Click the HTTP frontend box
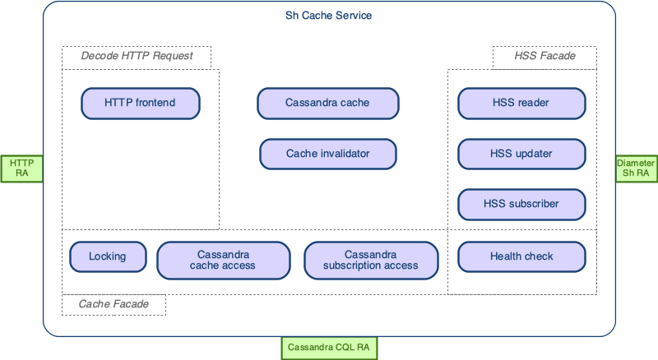(140, 103)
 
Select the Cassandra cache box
(327, 103)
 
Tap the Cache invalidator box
(327, 154)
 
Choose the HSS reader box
(521, 103)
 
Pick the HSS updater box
(521, 154)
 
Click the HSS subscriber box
(521, 204)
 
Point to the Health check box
(521, 256)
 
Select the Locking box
(108, 256)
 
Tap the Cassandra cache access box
(223, 260)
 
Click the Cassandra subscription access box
(370, 260)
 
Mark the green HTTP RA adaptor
(21, 168)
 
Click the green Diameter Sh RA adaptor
(636, 168)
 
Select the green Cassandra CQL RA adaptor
(329, 348)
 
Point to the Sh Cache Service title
(329, 16)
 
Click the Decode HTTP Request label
(137, 56)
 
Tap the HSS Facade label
(544, 56)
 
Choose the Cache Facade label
(114, 304)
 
